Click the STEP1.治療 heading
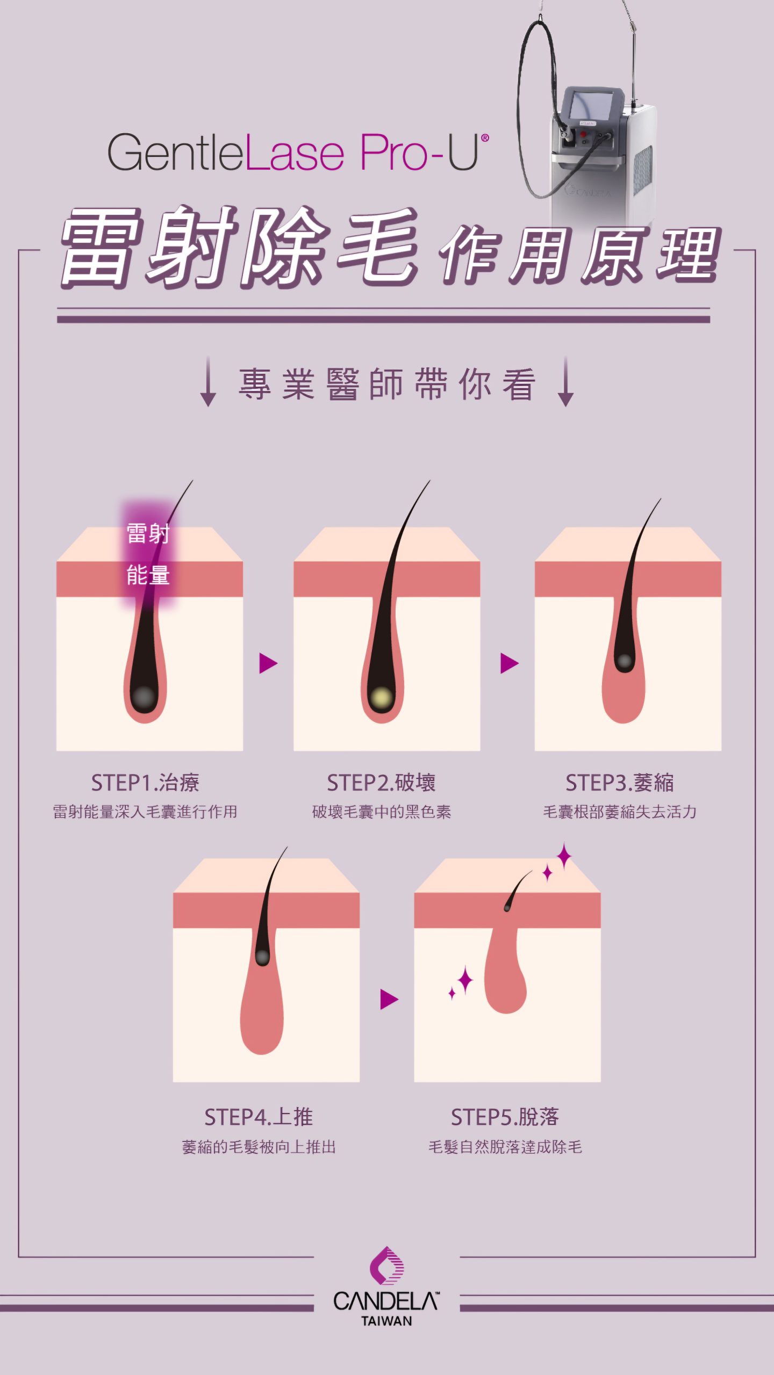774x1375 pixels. coord(145,783)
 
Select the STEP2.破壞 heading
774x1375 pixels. coord(381,783)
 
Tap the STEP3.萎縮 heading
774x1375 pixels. coord(619,783)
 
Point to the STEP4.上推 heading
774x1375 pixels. coord(259,1117)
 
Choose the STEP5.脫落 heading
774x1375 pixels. coord(505,1117)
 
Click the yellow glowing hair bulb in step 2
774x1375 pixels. coord(382,698)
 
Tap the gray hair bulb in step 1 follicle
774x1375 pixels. coord(144,698)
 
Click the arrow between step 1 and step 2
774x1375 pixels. coord(268,663)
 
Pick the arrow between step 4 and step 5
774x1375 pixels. coord(389,999)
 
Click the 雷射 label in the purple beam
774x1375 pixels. coord(148,534)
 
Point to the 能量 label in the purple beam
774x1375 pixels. coord(148,575)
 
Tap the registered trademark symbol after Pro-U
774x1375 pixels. coord(485,138)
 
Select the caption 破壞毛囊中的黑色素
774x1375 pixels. coord(381,812)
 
